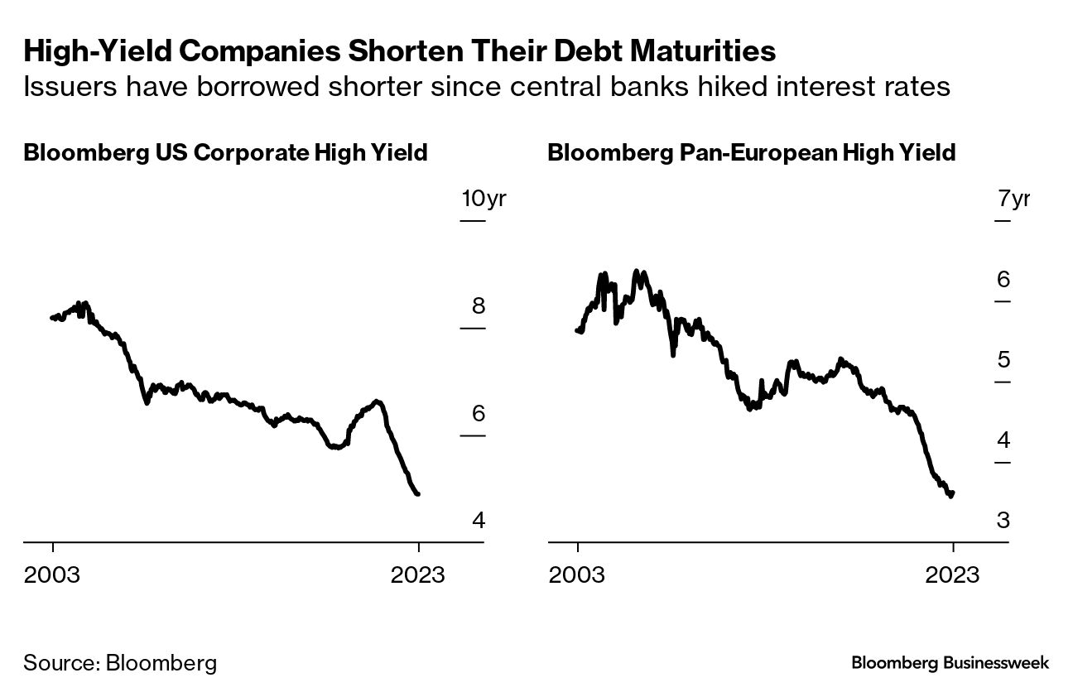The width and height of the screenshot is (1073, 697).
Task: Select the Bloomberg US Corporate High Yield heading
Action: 225,153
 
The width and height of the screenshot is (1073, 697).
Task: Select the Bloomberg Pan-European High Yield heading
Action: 752,153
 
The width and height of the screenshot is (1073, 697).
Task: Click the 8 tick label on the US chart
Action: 479,306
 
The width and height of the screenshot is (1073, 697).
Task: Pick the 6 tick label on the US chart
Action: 479,413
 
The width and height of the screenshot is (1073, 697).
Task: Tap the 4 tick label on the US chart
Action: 479,520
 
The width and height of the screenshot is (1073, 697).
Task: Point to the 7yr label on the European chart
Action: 1014,199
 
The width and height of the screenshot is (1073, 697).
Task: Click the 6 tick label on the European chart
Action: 1003,279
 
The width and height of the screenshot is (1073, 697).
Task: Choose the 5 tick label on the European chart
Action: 1003,359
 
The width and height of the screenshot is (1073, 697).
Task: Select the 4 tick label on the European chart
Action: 1003,440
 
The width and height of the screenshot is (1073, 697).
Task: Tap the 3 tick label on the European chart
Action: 1003,520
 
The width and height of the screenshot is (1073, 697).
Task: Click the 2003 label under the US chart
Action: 52,574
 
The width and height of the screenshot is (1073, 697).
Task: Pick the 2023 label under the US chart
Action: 418,574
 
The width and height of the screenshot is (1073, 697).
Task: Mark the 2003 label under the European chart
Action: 577,574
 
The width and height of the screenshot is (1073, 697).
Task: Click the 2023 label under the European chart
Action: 953,574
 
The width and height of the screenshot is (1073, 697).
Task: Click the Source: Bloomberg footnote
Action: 120,663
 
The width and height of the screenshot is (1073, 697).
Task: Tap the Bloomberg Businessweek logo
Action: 950,663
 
